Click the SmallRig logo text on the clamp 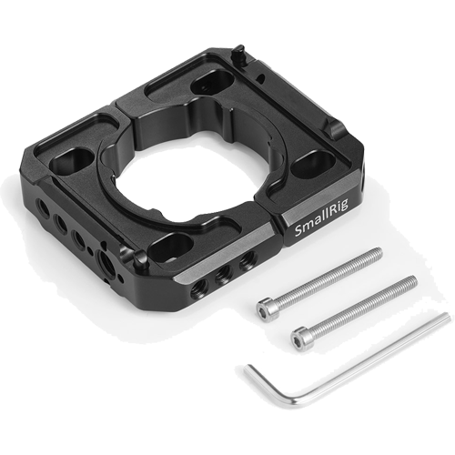(321, 217)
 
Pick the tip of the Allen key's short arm (247, 368)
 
